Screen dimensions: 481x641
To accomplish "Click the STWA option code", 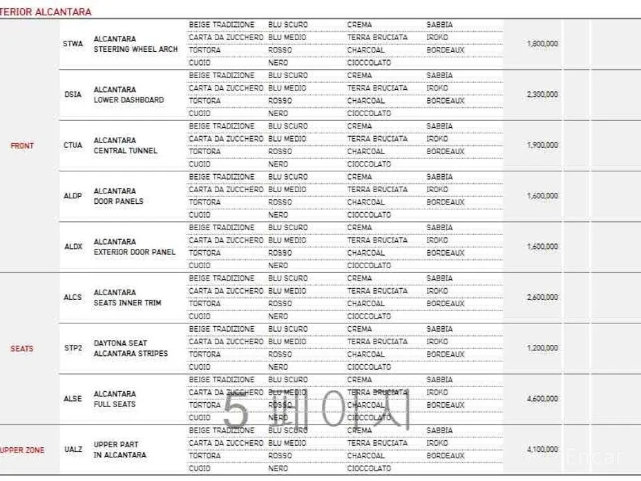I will [x=73, y=44].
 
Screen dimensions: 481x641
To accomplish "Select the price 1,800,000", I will [x=542, y=44].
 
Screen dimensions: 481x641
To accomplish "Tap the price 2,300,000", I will [x=542, y=94].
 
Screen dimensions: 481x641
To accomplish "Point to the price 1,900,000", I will [x=542, y=145].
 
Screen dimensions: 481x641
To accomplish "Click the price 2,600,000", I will [x=542, y=297].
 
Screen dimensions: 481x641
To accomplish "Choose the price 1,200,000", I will [x=542, y=348].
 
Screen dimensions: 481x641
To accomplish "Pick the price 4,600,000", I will [x=542, y=399].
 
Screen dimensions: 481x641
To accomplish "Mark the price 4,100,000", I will [x=542, y=449].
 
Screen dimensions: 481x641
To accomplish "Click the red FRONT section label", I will [x=22, y=146].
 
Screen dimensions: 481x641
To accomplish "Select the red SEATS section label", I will [x=22, y=348].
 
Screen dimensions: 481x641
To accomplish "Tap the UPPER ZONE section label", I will [x=22, y=450].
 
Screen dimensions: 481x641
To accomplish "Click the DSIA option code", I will [x=73, y=95].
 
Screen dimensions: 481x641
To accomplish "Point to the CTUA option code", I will [x=73, y=145].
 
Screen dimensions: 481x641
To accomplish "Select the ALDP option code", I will [x=73, y=196].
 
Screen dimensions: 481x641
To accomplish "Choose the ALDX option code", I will [x=73, y=247].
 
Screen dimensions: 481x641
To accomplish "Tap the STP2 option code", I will [x=73, y=348].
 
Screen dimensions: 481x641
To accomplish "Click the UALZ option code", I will [x=73, y=450].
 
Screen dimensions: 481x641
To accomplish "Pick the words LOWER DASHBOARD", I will [x=128, y=100].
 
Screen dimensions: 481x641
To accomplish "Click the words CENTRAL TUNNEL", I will [x=126, y=151].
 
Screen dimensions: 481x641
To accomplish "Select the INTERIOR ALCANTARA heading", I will [x=46, y=12].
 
